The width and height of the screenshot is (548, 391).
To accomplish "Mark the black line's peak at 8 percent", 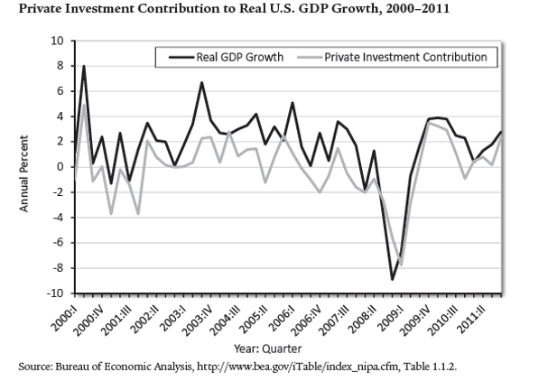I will point(84,66).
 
